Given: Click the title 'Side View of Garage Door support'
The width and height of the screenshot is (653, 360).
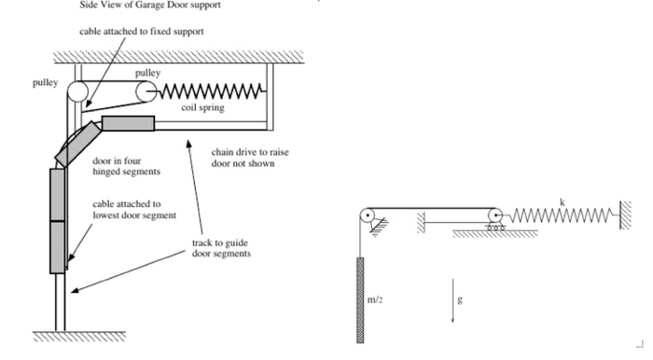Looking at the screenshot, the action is [x=150, y=6].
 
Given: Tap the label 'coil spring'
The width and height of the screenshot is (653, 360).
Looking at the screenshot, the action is [x=202, y=107].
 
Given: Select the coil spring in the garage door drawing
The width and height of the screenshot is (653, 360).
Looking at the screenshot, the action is [x=211, y=91].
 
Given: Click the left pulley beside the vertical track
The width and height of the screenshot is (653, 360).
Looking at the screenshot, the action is [x=77, y=91].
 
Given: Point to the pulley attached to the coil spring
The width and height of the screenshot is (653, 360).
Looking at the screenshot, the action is [x=146, y=91].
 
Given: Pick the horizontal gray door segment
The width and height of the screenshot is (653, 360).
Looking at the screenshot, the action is [x=129, y=123].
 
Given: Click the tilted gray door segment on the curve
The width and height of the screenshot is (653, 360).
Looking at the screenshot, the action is [x=78, y=144].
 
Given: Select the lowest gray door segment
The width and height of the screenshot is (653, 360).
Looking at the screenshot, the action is [x=58, y=247].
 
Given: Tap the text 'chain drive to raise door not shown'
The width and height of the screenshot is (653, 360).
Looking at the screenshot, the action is [x=250, y=158].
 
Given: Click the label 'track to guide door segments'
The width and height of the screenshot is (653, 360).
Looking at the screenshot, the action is [x=221, y=248].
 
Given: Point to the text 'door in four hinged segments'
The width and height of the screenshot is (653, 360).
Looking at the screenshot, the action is [x=126, y=166].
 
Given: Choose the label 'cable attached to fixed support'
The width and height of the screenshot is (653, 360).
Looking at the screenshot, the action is [x=142, y=32].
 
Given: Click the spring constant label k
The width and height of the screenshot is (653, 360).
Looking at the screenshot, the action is [x=563, y=202].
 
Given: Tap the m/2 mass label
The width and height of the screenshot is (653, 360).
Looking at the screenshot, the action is [x=375, y=299].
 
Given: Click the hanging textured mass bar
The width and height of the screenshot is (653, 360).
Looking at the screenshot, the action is [x=360, y=300].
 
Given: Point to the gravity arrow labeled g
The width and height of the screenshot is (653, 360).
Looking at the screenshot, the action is [x=452, y=300].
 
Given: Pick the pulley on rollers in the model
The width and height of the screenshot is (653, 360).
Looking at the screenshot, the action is [x=495, y=219].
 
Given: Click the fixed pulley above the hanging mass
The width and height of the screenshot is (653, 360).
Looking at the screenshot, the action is [x=368, y=216].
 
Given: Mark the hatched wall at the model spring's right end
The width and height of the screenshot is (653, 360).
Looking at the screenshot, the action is [x=626, y=215].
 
